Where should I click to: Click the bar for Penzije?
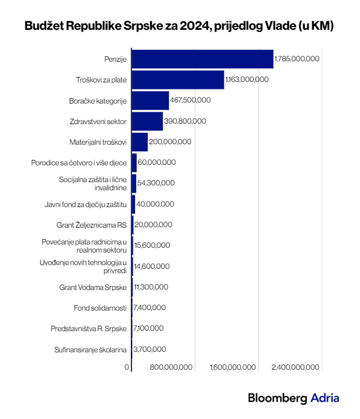tap(202, 59)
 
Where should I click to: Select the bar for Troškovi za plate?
tap(178, 79)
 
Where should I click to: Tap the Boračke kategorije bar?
tap(150, 100)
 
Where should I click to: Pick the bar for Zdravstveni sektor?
tap(147, 121)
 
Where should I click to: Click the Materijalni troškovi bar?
tap(140, 141)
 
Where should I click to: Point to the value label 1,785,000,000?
tap(297, 59)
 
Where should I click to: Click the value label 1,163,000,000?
tap(247, 79)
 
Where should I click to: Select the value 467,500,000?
tap(190, 100)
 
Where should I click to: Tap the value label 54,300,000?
tap(156, 183)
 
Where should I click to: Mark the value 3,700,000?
tap(150, 349)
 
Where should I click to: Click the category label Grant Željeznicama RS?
tap(91, 225)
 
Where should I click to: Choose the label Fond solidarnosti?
tap(100, 308)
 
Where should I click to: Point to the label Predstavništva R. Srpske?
tap(88, 328)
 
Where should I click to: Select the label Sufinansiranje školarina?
tap(91, 349)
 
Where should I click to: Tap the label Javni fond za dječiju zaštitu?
tap(86, 204)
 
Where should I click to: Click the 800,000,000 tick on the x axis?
tap(171, 367)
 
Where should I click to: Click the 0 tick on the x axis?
tap(127, 367)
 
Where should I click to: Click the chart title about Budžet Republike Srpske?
tap(179, 25)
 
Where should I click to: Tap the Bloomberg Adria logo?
tap(293, 398)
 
